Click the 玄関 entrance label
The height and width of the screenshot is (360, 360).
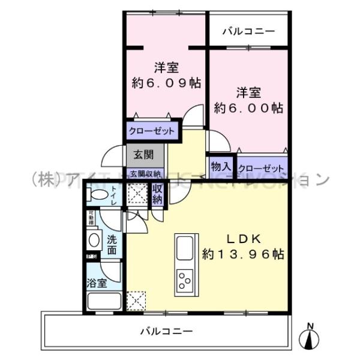[x=143, y=155]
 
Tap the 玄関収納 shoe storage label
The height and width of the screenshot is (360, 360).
[x=144, y=174]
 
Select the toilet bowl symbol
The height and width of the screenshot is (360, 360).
[x=96, y=195]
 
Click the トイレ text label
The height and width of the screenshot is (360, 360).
[x=113, y=196]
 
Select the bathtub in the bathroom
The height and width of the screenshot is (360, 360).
[x=103, y=301]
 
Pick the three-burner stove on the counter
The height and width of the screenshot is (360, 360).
[x=184, y=279]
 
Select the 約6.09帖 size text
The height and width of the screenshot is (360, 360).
[x=166, y=82]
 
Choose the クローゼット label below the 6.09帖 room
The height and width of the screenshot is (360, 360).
[x=152, y=130]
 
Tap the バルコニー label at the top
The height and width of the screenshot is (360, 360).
[x=248, y=31]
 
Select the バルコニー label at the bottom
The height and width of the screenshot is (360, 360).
[x=167, y=330]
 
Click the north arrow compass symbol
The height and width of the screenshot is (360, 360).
[x=310, y=337]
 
